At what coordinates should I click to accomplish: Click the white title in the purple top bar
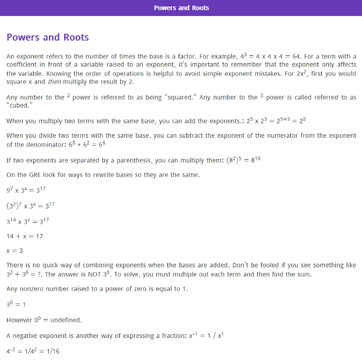click(181, 8)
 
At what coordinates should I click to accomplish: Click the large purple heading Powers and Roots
click(48, 37)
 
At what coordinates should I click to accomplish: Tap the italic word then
click(54, 82)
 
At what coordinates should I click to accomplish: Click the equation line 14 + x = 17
click(25, 236)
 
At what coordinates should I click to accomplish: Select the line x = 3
click(15, 250)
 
